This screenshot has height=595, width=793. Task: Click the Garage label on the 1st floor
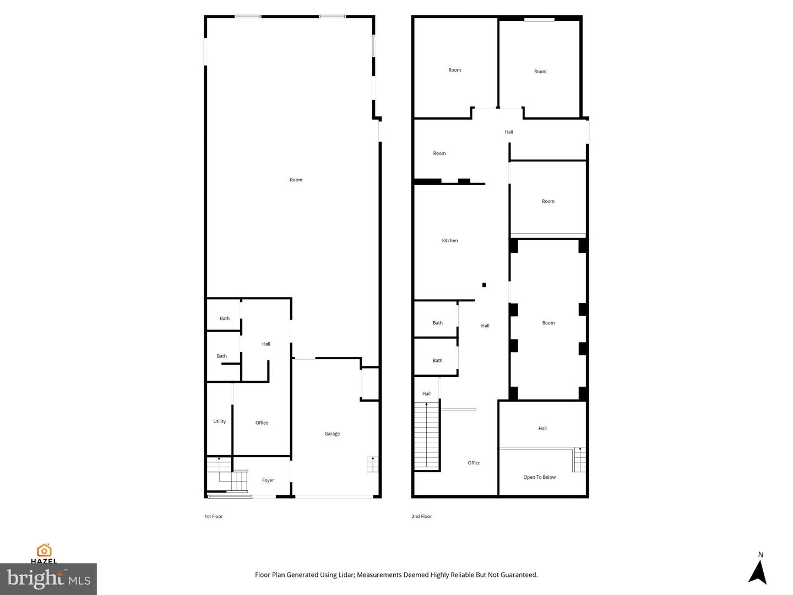click(332, 434)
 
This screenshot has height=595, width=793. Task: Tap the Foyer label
click(268, 480)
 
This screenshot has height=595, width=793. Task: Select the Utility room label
click(219, 421)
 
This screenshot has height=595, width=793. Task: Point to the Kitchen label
click(450, 241)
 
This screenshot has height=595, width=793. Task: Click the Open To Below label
click(539, 477)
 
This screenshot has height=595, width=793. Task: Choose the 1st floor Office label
click(262, 423)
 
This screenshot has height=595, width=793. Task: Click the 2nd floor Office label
click(474, 463)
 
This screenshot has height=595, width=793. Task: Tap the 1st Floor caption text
click(214, 516)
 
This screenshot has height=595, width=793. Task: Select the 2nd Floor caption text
click(422, 516)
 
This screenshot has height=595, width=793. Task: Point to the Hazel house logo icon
click(44, 550)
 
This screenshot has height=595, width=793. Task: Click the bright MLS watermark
click(48, 579)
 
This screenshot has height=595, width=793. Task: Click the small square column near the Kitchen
click(484, 285)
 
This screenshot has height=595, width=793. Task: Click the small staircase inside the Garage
click(373, 464)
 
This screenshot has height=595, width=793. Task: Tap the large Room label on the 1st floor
click(296, 180)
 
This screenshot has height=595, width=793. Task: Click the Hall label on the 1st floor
click(266, 344)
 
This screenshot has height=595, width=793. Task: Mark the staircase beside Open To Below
click(579, 459)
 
